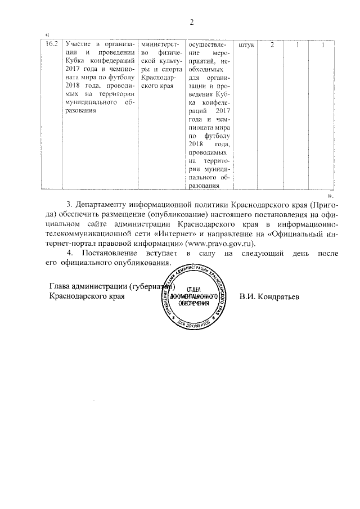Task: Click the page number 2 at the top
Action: pyautogui.click(x=191, y=22)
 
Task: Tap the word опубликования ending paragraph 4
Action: pyautogui.click(x=141, y=263)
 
